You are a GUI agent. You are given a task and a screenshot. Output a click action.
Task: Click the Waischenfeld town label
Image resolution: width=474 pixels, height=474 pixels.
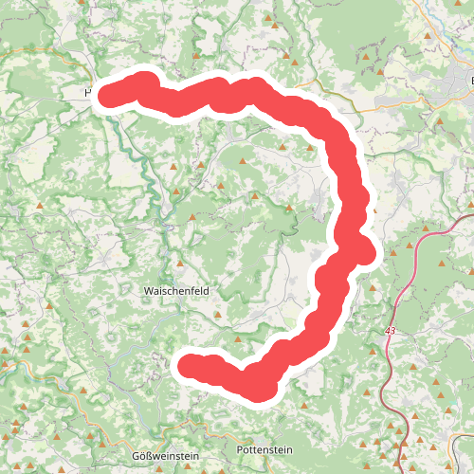[x=176, y=289]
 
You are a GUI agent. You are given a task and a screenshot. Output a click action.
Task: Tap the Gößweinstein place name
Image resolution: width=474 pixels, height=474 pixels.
[x=165, y=455]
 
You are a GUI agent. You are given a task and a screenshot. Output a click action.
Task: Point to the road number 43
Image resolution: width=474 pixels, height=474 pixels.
[x=391, y=331]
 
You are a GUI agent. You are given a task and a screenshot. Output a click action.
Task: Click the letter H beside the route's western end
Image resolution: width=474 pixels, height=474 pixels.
[x=88, y=93]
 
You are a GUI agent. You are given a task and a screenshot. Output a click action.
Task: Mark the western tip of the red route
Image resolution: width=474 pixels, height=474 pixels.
[x=106, y=94]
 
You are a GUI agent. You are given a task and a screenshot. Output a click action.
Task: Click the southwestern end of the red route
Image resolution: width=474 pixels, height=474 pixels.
[x=188, y=365]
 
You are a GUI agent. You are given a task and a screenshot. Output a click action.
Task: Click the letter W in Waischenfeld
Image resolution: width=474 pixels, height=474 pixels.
[x=147, y=289]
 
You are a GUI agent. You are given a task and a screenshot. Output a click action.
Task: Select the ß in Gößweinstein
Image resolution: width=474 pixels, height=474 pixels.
[x=153, y=455]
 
